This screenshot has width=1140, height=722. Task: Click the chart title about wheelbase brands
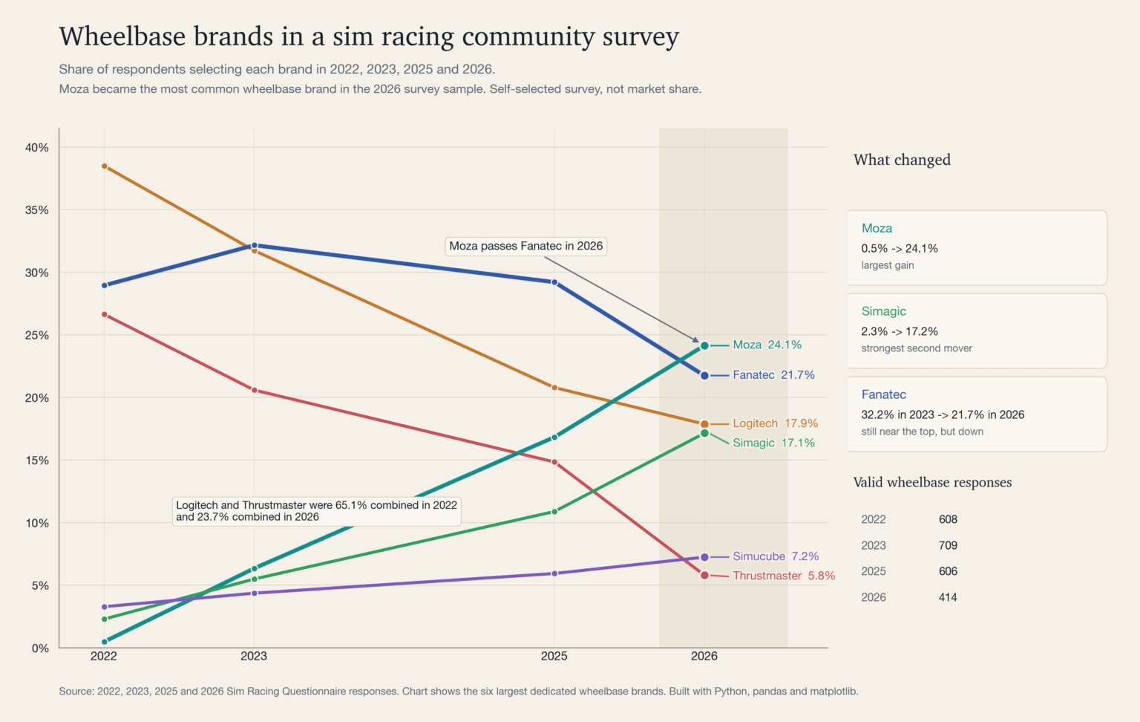[369, 36]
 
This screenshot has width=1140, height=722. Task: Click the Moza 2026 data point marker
[704, 345]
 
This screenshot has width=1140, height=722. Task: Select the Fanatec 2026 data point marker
[704, 376]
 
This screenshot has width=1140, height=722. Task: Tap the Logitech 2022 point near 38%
[105, 166]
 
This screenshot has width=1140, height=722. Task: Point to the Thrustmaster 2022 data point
[105, 314]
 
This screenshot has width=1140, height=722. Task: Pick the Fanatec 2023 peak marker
[255, 245]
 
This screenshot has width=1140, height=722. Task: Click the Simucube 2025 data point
[554, 573]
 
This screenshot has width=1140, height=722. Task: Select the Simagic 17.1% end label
[773, 443]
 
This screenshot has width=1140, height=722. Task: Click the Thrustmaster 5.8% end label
[783, 576]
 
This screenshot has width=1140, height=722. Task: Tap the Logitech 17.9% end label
[775, 423]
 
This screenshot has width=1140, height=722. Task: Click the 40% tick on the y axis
[37, 148]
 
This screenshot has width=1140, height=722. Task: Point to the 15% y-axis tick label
[37, 461]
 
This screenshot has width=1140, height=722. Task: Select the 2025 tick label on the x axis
[554, 656]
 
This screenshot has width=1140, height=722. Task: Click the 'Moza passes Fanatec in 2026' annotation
[525, 246]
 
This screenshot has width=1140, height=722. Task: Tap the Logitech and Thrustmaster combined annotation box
[316, 511]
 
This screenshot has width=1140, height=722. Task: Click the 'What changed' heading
[902, 160]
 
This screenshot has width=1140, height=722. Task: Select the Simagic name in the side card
[883, 311]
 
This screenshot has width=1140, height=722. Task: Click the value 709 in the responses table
[948, 545]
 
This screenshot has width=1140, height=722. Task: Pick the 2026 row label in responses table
[874, 597]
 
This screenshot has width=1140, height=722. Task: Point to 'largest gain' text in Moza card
[888, 265]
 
